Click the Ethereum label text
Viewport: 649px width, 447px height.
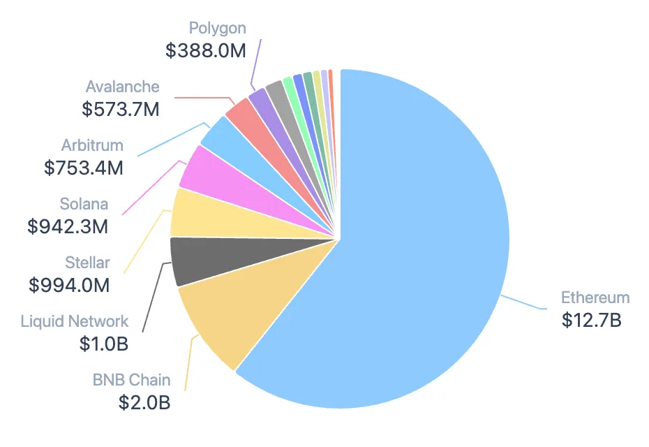point(595,298)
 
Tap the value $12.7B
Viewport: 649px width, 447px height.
point(591,320)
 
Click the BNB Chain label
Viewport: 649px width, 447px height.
point(131,381)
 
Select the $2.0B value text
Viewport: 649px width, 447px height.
point(144,403)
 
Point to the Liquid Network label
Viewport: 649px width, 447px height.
point(75,321)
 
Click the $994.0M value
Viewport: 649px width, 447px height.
point(69,285)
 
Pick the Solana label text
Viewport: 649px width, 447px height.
point(84,204)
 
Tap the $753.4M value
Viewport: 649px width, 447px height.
point(84,168)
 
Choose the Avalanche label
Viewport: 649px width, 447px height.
point(123,87)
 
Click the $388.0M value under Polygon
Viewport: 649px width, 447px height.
point(206,50)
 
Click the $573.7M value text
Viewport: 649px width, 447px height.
point(121,109)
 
